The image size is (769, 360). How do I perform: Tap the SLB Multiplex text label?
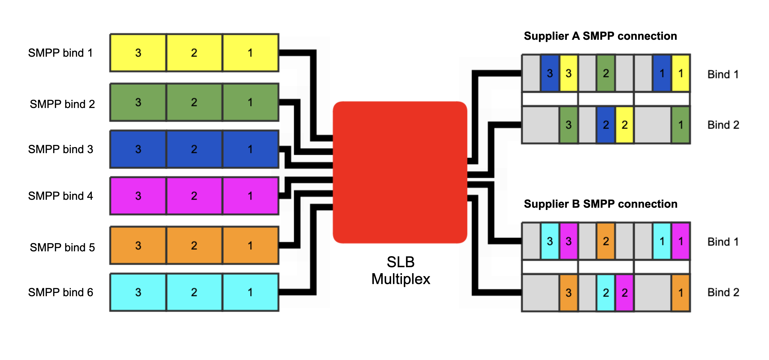(x=400, y=271)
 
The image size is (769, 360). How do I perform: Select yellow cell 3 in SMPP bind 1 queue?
(x=138, y=53)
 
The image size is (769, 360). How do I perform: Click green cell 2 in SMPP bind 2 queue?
(x=194, y=102)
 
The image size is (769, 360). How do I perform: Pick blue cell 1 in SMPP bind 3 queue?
(x=250, y=149)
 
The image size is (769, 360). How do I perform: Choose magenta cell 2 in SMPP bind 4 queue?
(x=194, y=196)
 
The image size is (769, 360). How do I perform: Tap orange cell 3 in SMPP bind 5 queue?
(x=138, y=245)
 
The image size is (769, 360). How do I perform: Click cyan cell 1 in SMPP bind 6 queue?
(x=250, y=292)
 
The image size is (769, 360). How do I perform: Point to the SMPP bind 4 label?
(x=60, y=196)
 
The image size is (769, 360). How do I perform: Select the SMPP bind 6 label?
(x=60, y=292)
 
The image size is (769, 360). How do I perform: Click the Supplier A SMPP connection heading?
(x=600, y=36)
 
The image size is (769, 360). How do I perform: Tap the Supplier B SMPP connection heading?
(x=600, y=204)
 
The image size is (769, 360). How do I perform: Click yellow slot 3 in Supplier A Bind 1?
(x=568, y=73)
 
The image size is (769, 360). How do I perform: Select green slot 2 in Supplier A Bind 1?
(x=606, y=73)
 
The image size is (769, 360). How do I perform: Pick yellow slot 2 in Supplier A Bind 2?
(x=624, y=125)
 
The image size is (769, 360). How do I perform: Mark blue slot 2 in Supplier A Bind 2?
(x=606, y=125)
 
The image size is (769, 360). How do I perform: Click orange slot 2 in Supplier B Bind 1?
(x=606, y=241)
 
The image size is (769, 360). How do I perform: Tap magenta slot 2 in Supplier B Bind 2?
(x=624, y=293)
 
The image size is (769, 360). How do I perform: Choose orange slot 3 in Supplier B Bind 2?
(x=568, y=293)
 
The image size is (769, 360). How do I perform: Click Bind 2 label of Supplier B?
(x=723, y=292)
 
